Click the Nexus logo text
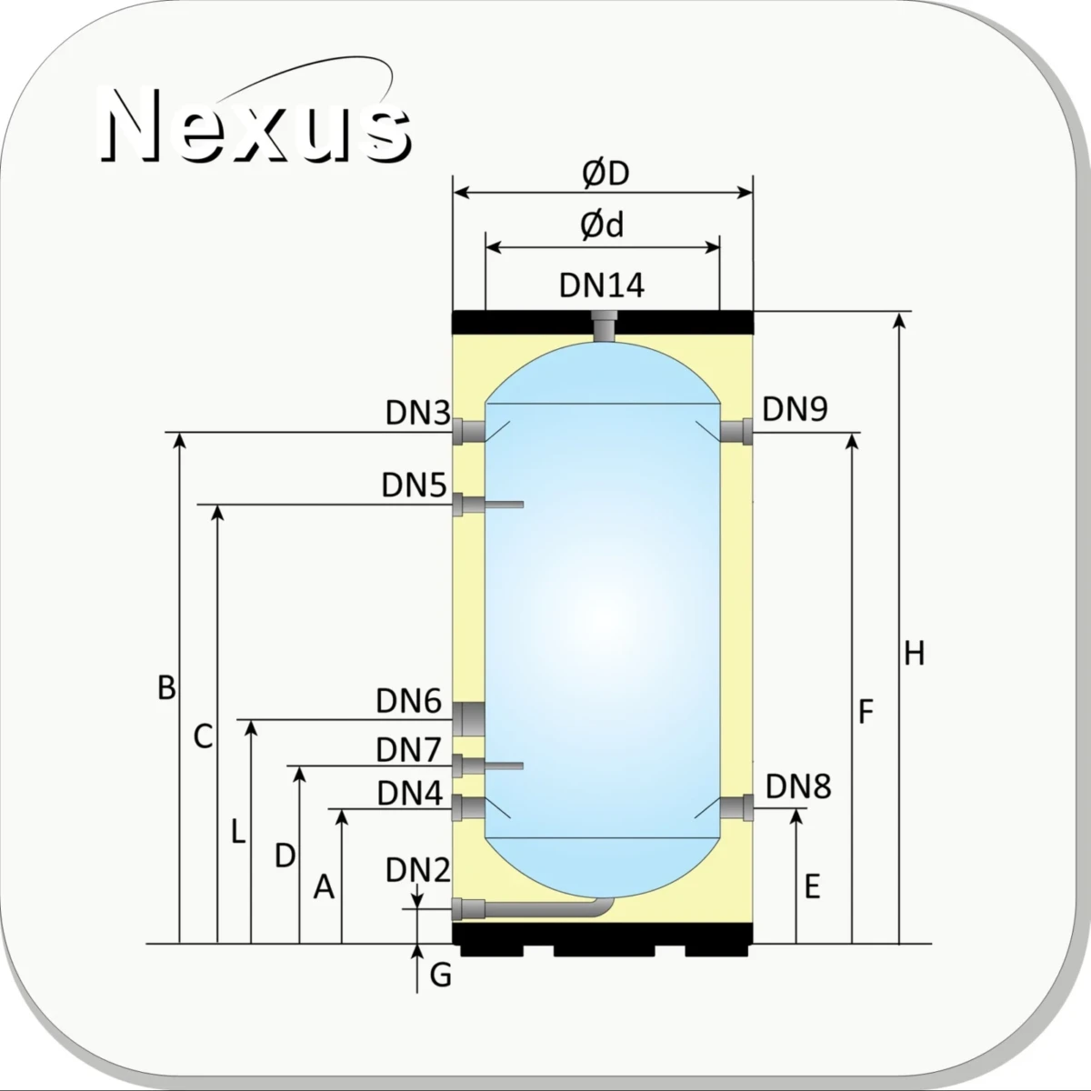point(255,125)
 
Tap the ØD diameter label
point(606,174)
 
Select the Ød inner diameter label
point(602,225)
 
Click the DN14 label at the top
point(602,285)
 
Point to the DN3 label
point(418,413)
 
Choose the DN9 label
point(795,409)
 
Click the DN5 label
point(414,485)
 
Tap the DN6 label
point(409,702)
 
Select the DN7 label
point(408,750)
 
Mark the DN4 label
point(410,793)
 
